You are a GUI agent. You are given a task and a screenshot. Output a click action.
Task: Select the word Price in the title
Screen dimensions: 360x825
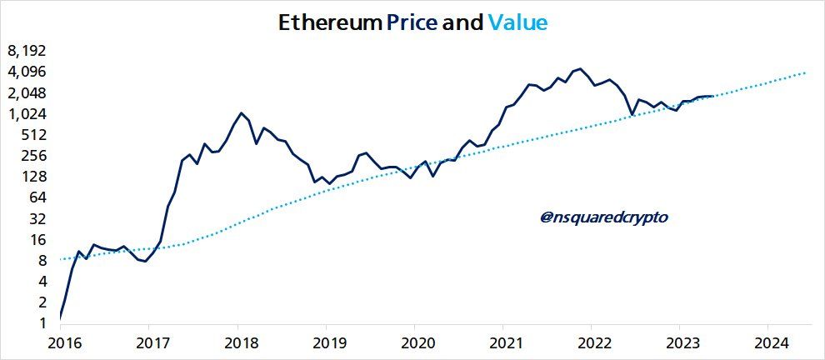[x=411, y=22]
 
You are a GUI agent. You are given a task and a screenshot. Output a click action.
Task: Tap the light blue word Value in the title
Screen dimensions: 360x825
[x=517, y=22]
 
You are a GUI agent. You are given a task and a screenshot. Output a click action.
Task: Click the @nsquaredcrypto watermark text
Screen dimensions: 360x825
[x=604, y=217]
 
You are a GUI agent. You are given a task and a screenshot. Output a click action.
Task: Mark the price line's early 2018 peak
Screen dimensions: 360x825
[x=241, y=112]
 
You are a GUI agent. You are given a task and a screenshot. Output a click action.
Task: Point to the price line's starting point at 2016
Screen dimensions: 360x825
[x=61, y=317]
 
